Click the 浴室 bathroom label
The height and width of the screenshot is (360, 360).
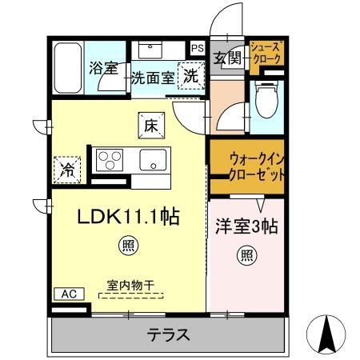pyautogui.click(x=105, y=68)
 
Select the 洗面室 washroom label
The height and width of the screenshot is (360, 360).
pyautogui.click(x=153, y=78)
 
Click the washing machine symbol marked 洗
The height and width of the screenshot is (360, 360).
pyautogui.click(x=191, y=77)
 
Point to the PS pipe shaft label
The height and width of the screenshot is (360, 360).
pyautogui.click(x=197, y=47)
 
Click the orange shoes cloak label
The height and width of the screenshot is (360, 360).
pyautogui.click(x=265, y=53)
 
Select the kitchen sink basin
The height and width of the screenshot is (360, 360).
pyautogui.click(x=152, y=160)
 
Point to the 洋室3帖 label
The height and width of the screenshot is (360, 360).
pyautogui.click(x=245, y=226)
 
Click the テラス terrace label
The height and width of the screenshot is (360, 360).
pyautogui.click(x=168, y=334)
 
